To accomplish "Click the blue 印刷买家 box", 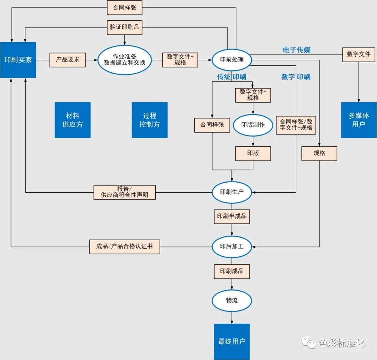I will click(18, 60).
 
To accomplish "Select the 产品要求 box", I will click(68, 60).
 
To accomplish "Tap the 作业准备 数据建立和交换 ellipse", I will click(125, 60).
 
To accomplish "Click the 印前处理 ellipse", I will click(232, 60).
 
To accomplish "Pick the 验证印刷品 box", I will click(125, 27).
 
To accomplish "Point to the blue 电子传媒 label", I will click(296, 50).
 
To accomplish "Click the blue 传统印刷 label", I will click(231, 77).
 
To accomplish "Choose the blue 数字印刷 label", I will click(296, 77).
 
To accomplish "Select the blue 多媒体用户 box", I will click(358, 120).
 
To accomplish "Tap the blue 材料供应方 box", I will click(73, 120).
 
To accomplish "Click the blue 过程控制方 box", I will click(149, 120).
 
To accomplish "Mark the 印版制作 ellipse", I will click(253, 125).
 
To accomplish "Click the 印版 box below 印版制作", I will click(253, 153).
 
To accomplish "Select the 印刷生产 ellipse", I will click(232, 192).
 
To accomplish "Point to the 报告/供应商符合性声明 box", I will click(125, 192).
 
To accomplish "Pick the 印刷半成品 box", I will click(232, 216).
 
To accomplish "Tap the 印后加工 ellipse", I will click(232, 246).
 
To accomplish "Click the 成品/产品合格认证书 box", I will click(125, 246).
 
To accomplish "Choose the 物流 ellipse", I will click(232, 300).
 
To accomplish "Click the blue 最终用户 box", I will click(232, 341).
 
